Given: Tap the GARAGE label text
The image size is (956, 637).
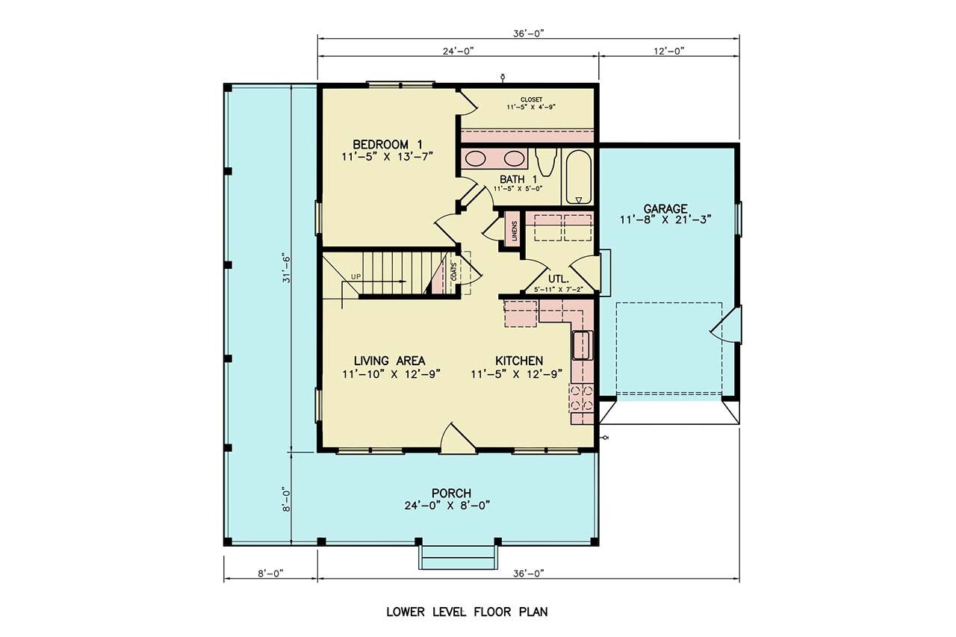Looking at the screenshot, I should coord(668,208).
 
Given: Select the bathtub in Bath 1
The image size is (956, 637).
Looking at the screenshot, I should coord(579,178).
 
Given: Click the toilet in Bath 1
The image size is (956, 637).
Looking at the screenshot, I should coord(547,161).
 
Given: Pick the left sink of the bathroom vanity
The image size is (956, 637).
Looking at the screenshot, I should coord(477,158).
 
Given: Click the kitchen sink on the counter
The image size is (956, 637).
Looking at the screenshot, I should coord(581,344).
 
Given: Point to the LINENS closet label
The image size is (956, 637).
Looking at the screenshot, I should coord(514,232).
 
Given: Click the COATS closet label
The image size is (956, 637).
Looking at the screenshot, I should coord(453,270).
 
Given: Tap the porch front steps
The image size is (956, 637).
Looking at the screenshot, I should coord(457,556).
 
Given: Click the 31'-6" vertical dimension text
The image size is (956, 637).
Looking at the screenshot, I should coord(285,268).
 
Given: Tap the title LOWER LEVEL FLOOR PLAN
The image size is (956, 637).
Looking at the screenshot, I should coord(467,612).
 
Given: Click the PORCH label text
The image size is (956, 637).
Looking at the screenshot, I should coord(451,493).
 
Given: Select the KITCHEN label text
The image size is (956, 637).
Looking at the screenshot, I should coord(519,361).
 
